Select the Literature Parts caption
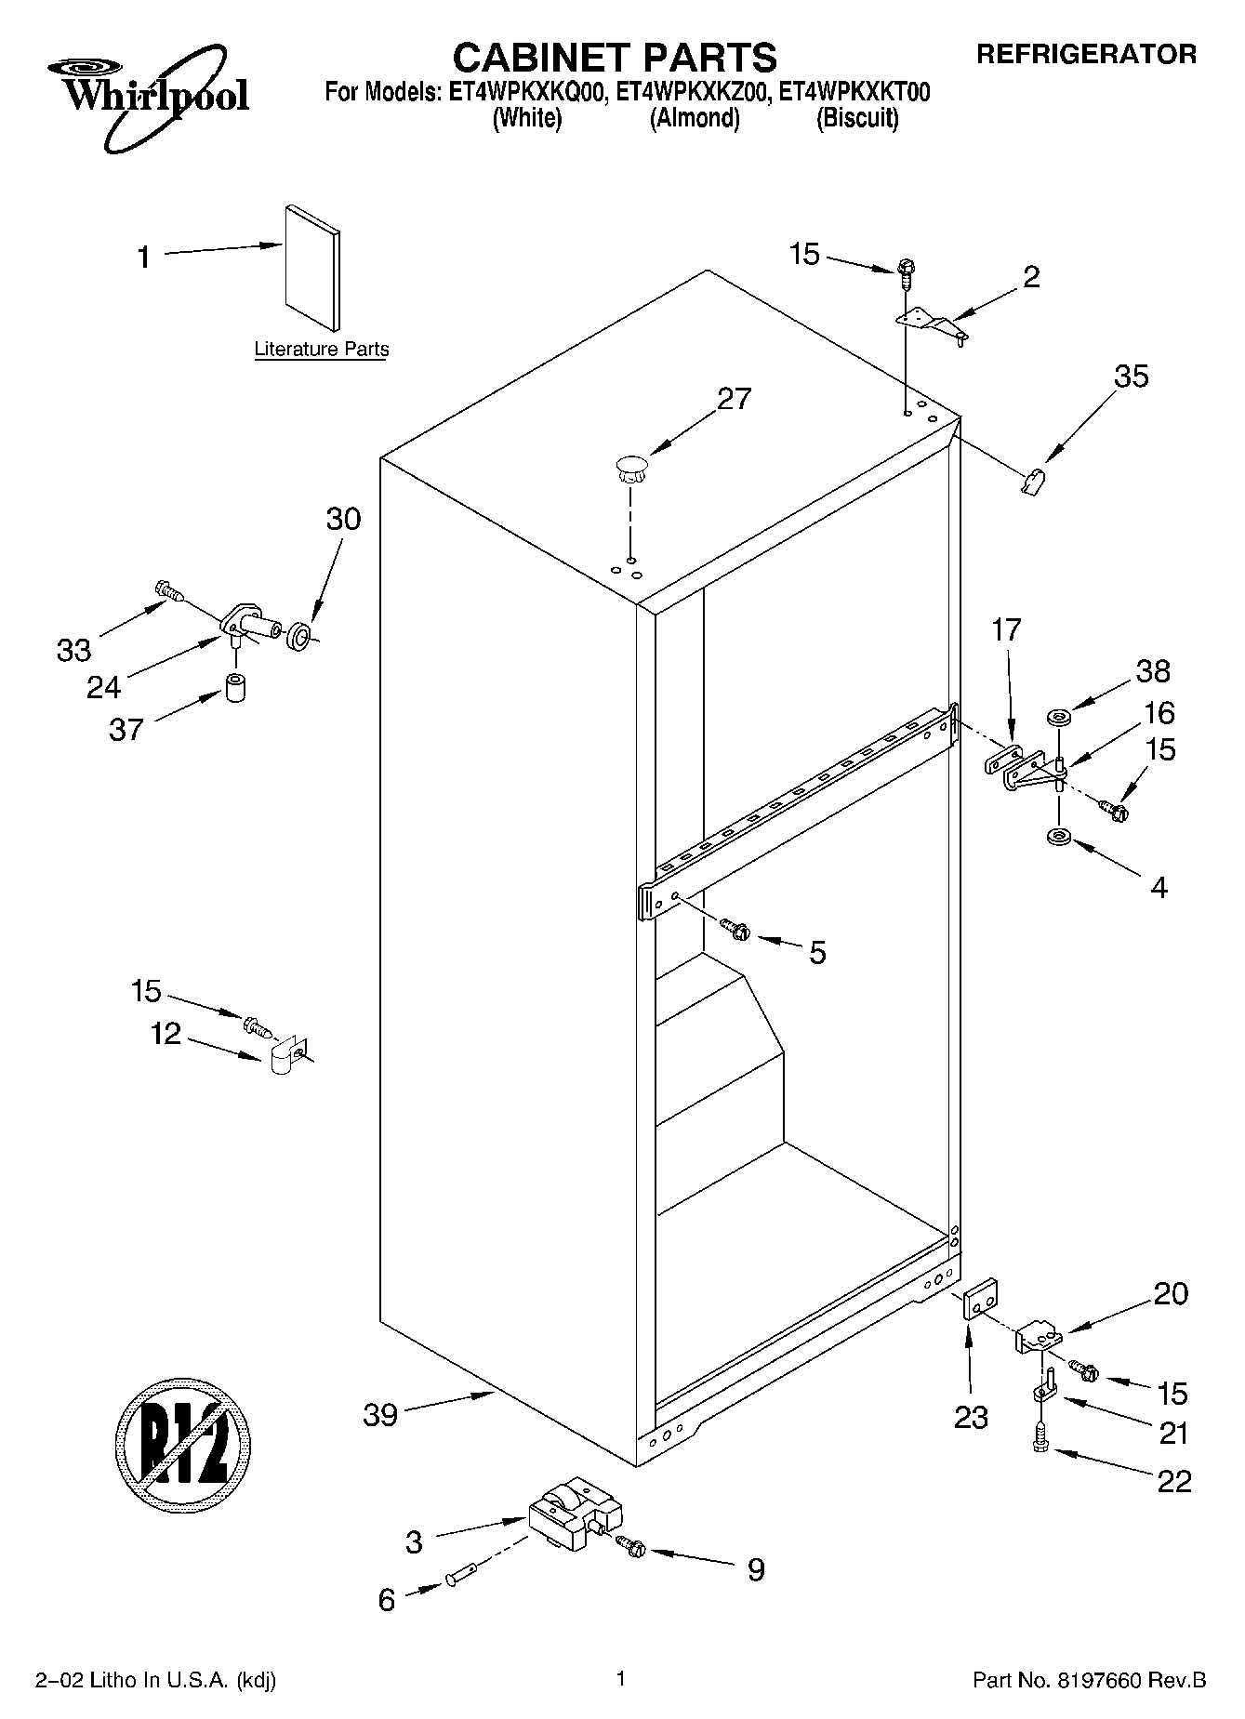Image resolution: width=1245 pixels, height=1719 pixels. click(x=322, y=350)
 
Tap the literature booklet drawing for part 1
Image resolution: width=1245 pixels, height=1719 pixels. click(x=311, y=267)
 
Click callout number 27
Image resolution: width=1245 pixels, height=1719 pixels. click(x=734, y=399)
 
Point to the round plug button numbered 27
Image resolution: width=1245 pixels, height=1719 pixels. click(x=630, y=467)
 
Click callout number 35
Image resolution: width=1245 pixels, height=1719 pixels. click(x=1131, y=377)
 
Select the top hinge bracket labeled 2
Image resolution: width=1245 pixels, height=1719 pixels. click(x=931, y=324)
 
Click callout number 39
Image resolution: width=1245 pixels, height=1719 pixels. click(x=379, y=1415)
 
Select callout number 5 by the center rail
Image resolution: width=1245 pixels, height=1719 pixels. click(x=816, y=953)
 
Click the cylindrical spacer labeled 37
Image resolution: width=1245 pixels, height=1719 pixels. click(x=236, y=689)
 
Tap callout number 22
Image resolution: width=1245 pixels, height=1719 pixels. click(x=1173, y=1481)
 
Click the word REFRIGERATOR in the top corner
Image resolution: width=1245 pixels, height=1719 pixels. click(x=1085, y=55)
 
